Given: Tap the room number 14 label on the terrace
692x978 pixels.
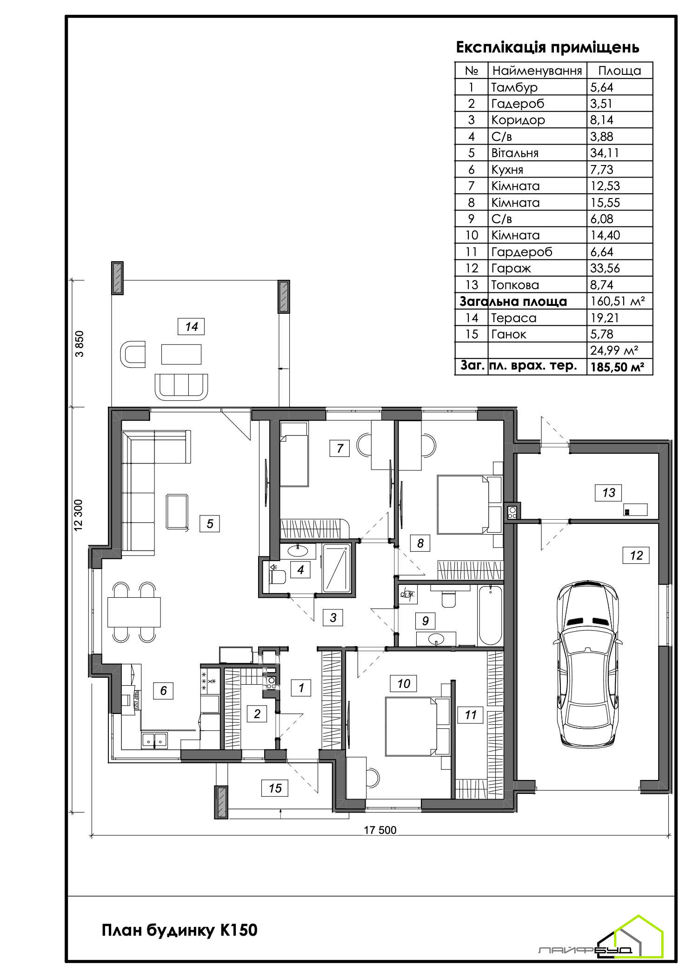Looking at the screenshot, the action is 191,327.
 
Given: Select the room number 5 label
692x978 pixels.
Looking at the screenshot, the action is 210,524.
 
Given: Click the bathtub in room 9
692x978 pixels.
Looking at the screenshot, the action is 490,615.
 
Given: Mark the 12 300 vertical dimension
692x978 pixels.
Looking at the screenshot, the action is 78,515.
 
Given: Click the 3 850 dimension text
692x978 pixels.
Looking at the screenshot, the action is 80,344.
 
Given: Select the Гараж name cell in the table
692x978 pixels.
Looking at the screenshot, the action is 511,268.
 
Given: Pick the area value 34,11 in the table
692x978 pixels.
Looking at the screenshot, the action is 605,153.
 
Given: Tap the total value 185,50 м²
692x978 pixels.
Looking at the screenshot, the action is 617,367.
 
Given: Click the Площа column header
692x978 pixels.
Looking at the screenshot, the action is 619,71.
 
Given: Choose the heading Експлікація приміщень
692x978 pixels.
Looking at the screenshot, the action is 547,47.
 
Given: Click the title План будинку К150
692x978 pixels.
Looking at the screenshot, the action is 180,930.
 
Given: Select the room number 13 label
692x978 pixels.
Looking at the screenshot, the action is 608,493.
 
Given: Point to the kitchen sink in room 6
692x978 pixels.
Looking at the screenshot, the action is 154,740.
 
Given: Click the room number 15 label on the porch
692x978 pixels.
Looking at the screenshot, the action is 275,788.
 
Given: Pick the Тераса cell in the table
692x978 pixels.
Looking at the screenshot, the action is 514,318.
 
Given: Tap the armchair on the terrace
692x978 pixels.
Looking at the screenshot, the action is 133,354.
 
